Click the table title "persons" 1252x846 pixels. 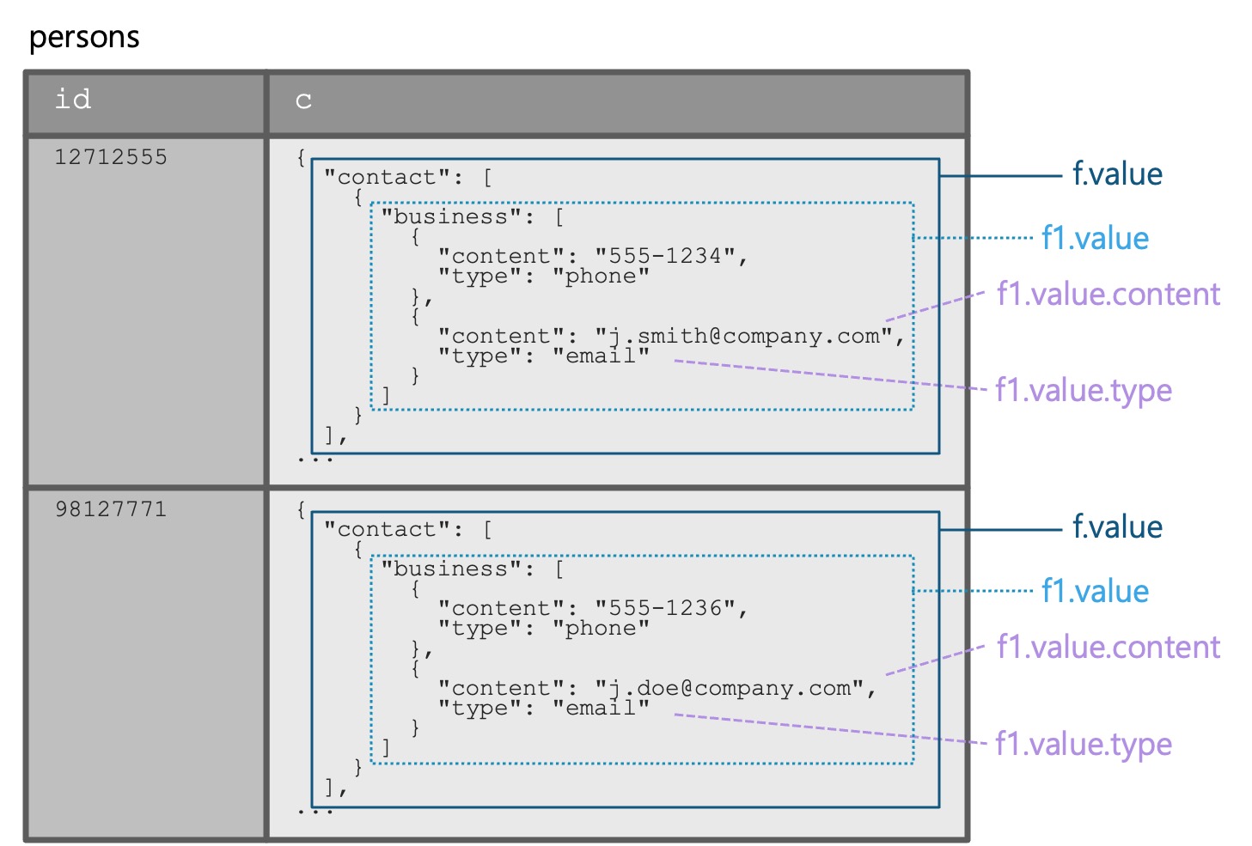coord(84,38)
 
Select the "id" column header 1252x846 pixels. coord(73,100)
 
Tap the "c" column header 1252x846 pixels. coord(303,101)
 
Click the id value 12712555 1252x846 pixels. coord(111,157)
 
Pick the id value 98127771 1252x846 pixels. coord(111,509)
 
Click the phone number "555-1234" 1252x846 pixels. coord(665,256)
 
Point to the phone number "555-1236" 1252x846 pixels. coord(665,608)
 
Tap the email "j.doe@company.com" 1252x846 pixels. coord(730,688)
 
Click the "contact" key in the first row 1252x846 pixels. coord(387,177)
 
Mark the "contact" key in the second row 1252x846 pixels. coord(387,529)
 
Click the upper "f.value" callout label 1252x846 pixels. coord(1117,174)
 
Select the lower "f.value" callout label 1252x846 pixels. coord(1117,527)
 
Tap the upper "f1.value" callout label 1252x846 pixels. coord(1095,238)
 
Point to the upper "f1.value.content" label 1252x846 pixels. coord(1108,295)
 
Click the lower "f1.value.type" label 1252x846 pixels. coord(1083,744)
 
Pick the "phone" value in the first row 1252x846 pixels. coord(601,277)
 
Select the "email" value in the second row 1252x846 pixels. coord(601,709)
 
